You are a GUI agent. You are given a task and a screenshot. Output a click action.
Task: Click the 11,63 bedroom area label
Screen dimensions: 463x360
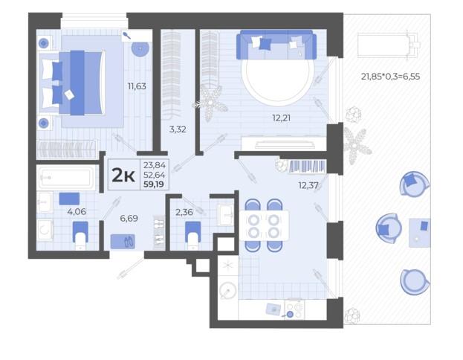click(x=137, y=86)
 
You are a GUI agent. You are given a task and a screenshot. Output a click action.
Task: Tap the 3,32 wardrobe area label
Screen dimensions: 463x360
click(x=178, y=129)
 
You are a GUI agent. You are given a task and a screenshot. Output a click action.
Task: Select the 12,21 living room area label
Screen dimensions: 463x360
click(x=281, y=118)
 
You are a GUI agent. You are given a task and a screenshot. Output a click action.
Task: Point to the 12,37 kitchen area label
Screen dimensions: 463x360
click(x=308, y=185)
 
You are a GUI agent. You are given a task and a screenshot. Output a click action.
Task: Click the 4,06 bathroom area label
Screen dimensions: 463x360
click(x=77, y=211)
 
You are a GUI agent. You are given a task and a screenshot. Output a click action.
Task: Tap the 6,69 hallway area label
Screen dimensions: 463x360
click(x=129, y=219)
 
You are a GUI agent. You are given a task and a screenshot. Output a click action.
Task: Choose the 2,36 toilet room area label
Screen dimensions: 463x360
click(x=184, y=212)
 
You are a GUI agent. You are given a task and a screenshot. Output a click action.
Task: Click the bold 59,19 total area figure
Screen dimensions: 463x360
click(x=154, y=184)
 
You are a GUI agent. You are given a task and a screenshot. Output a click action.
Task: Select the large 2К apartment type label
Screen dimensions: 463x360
click(x=123, y=176)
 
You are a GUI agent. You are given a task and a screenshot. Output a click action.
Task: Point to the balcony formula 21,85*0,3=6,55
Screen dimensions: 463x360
click(x=390, y=77)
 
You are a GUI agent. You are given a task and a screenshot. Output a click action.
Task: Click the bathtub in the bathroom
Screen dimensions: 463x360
click(x=66, y=178)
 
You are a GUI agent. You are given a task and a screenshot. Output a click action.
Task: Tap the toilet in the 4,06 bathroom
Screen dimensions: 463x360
click(x=80, y=236)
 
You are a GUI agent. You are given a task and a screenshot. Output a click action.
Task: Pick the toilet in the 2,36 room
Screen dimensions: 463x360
click(x=192, y=236)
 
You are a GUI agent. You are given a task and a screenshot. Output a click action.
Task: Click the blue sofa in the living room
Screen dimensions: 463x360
click(x=276, y=45)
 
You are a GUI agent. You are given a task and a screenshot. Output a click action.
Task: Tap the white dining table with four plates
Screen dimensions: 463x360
click(x=264, y=225)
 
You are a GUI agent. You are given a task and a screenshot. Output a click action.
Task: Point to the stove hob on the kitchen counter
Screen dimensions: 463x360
click(x=294, y=309)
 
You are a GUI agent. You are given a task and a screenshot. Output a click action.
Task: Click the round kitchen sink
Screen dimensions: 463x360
click(x=228, y=291)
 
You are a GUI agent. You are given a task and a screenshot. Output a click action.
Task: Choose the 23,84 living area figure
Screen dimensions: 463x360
click(x=155, y=165)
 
